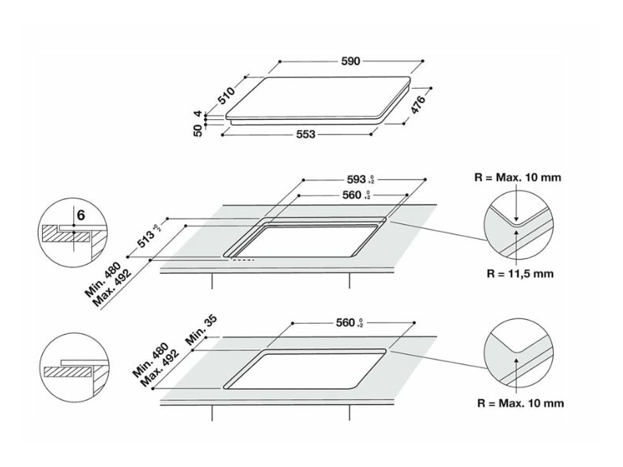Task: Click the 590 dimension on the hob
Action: pos(350,61)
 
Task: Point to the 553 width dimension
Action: pos(305,135)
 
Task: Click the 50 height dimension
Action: pos(198,131)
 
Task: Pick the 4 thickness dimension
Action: pos(198,115)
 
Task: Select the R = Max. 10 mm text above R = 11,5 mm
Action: pos(517,177)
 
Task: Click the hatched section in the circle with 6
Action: pos(57,233)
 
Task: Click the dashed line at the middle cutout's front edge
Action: pos(245,260)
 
